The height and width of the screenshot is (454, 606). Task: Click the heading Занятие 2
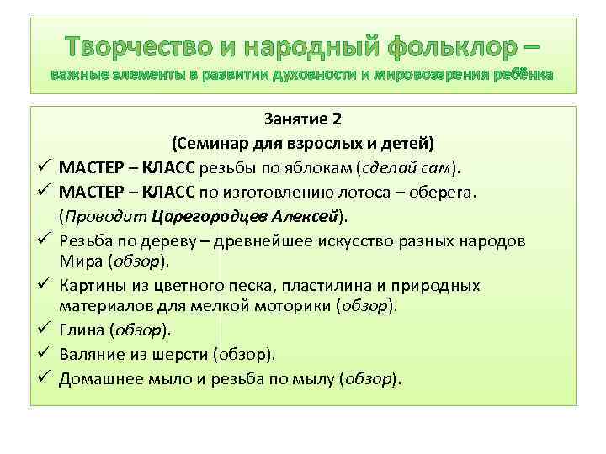(301, 118)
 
